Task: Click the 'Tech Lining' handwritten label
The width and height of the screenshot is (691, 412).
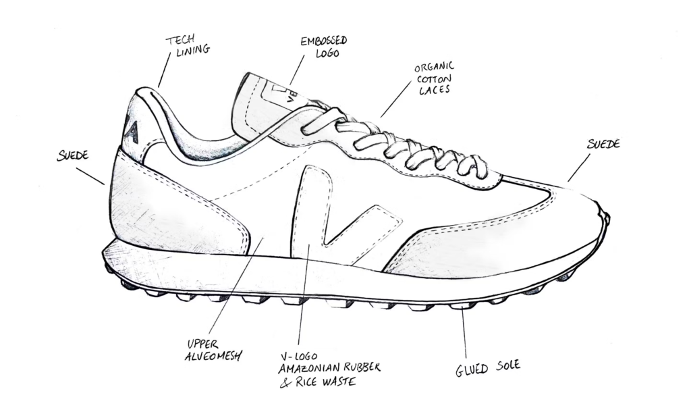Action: click(x=187, y=45)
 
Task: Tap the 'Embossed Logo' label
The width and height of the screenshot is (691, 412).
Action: click(x=324, y=47)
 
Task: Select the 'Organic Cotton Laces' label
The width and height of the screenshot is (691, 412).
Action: click(x=434, y=78)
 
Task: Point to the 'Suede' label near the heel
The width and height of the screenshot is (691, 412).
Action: click(x=73, y=155)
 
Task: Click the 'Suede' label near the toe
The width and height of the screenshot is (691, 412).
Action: click(x=603, y=144)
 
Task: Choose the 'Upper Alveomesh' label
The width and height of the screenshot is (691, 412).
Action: click(x=213, y=351)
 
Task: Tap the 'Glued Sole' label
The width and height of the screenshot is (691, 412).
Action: click(x=488, y=368)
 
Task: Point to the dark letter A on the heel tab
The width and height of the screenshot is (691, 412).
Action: click(x=133, y=132)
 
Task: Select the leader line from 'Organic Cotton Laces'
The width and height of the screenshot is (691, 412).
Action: click(x=395, y=100)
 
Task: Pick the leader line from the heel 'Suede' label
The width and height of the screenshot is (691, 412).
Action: click(x=90, y=176)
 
